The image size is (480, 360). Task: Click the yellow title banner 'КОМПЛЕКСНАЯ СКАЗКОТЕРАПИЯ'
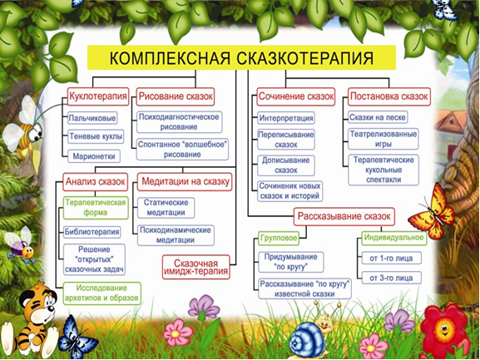click(241, 57)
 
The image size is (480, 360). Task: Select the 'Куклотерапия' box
click(98, 96)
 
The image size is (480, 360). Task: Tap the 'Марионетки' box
click(94, 156)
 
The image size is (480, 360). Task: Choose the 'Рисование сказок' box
click(176, 96)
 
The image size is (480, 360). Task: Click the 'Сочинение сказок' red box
click(295, 96)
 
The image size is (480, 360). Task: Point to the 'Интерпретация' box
click(286, 118)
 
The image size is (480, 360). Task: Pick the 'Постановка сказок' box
click(388, 96)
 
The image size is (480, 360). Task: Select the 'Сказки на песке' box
click(378, 117)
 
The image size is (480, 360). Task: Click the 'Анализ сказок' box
click(95, 182)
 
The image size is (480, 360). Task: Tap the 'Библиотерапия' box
click(92, 232)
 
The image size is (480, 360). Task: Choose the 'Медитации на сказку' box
click(185, 182)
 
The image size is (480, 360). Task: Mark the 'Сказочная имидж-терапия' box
click(196, 268)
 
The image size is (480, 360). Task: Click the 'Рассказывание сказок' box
click(344, 216)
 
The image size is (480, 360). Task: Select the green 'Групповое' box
click(278, 238)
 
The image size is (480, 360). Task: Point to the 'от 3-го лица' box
click(391, 278)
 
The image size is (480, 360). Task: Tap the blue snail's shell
click(303, 338)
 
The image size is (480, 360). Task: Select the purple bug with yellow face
click(22, 244)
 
